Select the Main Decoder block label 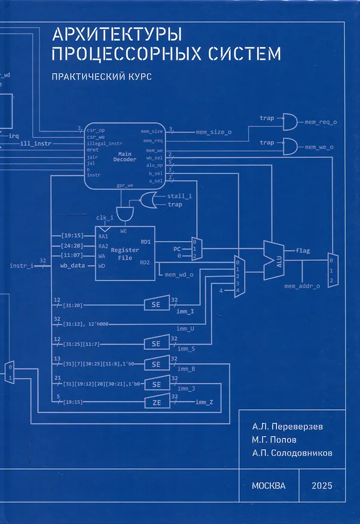coord(126,157)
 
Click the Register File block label coord(125,254)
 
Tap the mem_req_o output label coord(321,122)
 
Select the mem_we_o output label coord(319,147)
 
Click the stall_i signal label coord(179,195)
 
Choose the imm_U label coord(185,328)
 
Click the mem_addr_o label coord(302,287)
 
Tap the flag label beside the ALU coord(303,250)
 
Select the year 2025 coord(321,485)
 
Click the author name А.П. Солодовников coord(292,453)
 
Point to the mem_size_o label coord(213,132)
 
